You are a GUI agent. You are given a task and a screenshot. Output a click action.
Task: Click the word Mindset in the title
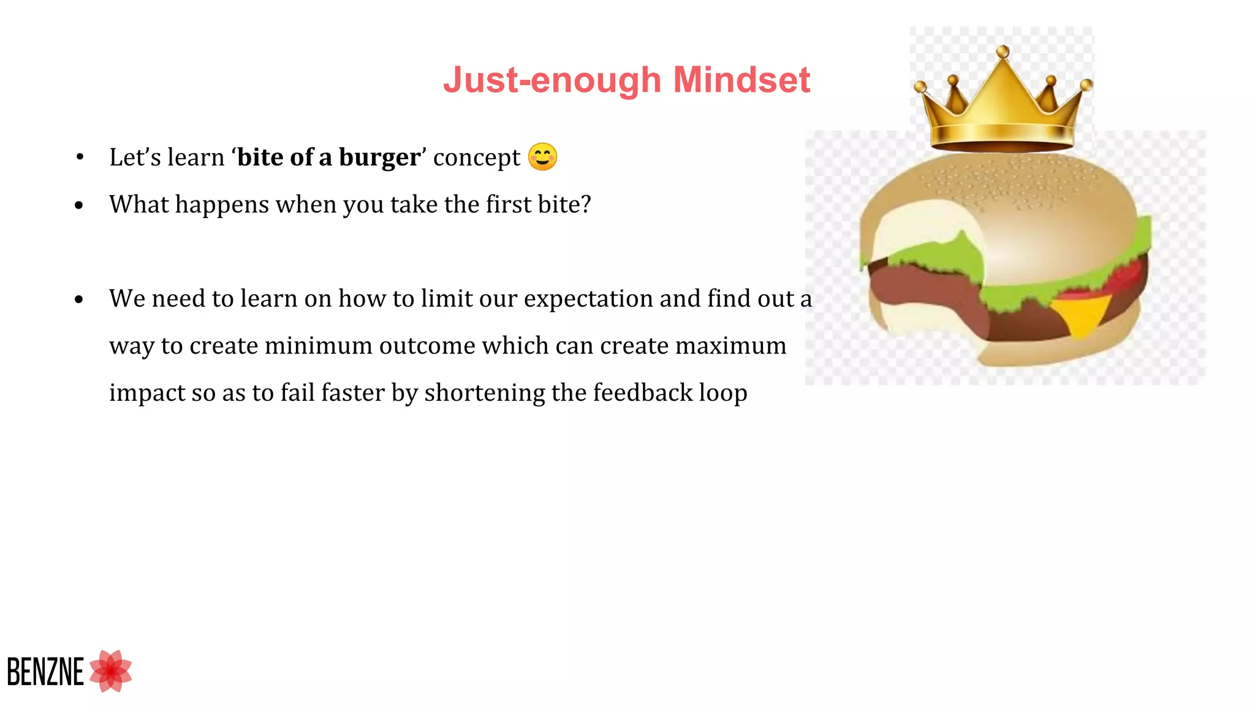click(x=741, y=80)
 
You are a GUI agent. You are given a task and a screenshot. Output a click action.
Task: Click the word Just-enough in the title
click(x=552, y=80)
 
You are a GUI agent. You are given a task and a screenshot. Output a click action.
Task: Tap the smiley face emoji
click(x=542, y=157)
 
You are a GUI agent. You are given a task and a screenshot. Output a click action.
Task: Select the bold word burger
click(x=379, y=158)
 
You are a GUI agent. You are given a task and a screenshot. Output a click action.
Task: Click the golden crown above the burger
click(x=1002, y=110)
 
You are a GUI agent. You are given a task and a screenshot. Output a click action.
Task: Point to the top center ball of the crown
click(x=1003, y=52)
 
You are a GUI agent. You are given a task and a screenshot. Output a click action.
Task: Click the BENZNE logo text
click(x=45, y=672)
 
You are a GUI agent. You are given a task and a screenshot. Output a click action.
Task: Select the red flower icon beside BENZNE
click(x=111, y=671)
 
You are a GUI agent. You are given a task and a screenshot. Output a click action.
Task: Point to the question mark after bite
click(x=586, y=204)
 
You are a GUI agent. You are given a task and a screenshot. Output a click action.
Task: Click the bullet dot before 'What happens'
click(x=79, y=205)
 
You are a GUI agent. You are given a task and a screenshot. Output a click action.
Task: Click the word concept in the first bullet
click(x=476, y=158)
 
